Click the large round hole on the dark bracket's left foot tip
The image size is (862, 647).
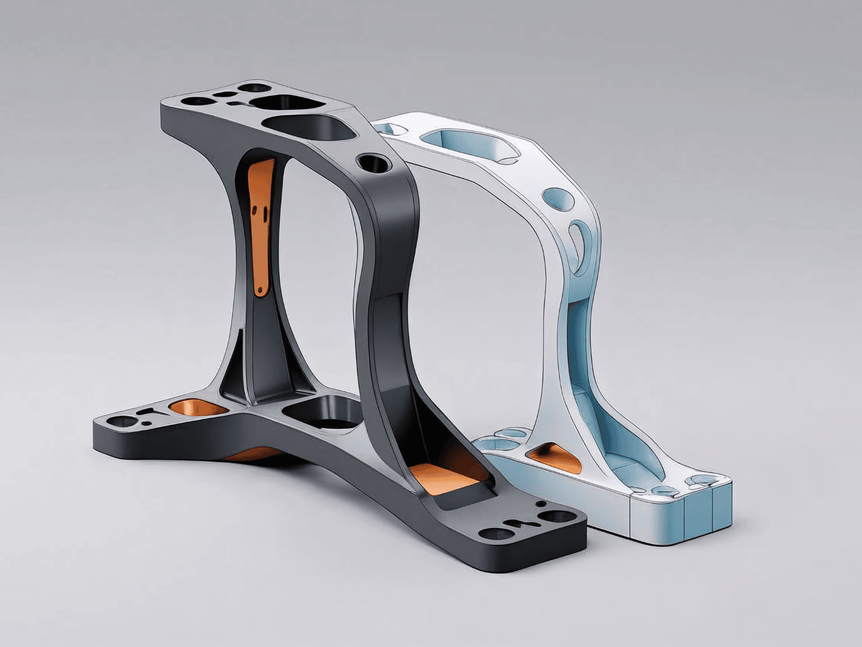[120, 421]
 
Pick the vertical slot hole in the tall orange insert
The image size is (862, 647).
[263, 212]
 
